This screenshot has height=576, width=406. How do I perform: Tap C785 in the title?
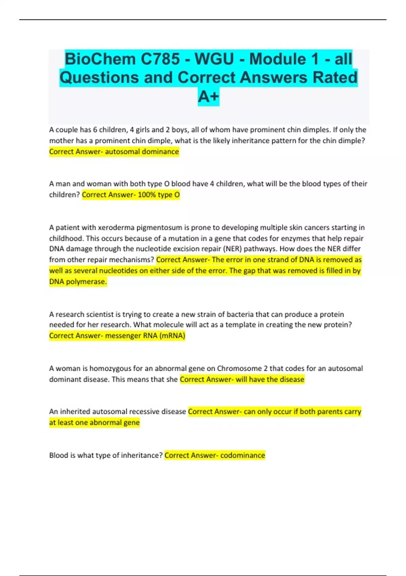(x=160, y=59)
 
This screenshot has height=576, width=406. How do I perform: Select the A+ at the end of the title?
(x=208, y=97)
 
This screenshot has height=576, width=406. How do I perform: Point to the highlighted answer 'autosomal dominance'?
(x=142, y=151)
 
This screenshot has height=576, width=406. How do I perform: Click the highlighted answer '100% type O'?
(x=159, y=195)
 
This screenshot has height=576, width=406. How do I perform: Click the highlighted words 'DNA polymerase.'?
(x=78, y=282)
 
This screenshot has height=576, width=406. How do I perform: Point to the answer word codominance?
(x=243, y=455)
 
